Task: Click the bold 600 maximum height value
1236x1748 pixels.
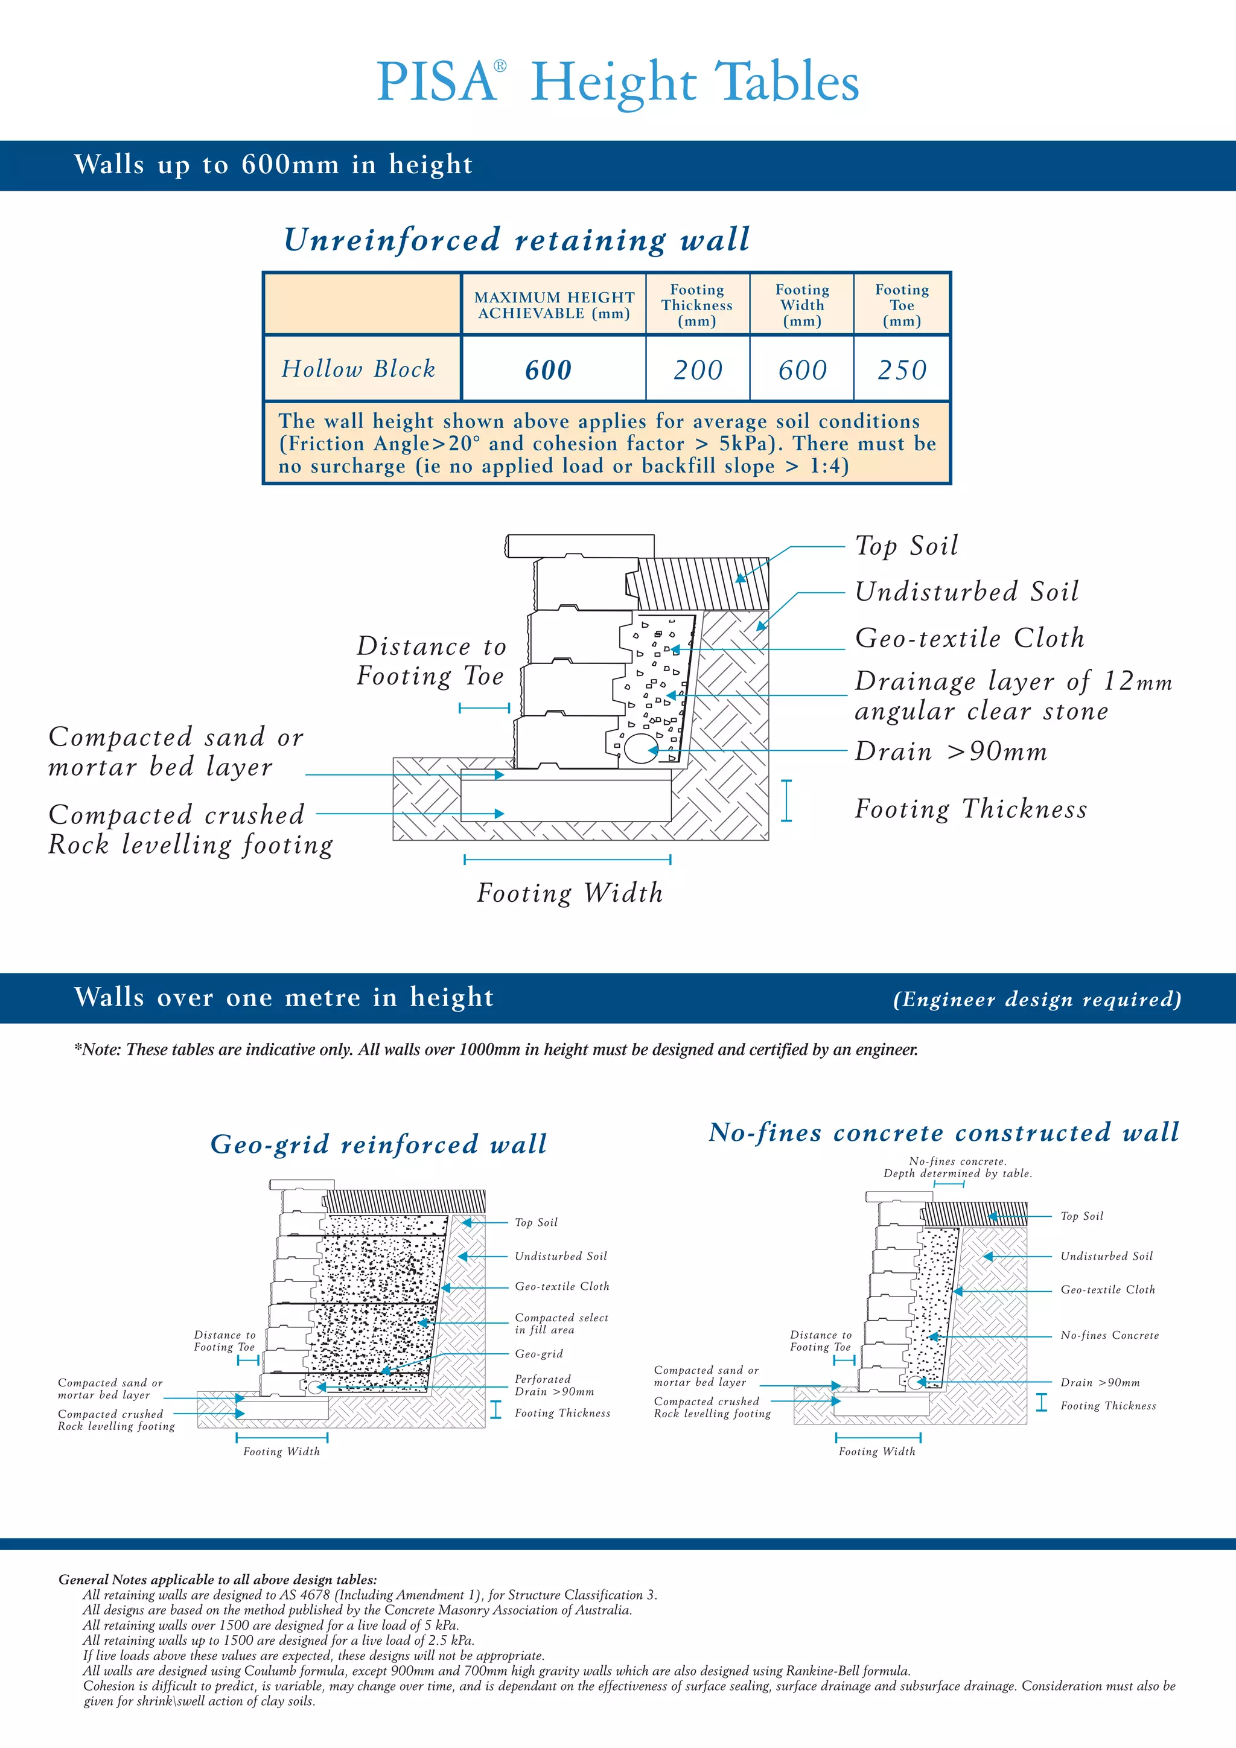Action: (548, 370)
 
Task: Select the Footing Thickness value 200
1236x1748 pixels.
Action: (698, 370)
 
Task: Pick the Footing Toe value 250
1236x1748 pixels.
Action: (902, 370)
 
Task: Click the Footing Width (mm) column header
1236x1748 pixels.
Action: (802, 305)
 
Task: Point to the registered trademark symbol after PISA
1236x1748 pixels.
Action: (500, 66)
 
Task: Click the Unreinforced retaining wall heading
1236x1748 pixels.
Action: (517, 240)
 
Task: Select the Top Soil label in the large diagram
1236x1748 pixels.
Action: (906, 546)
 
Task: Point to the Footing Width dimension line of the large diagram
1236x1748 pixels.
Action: (567, 860)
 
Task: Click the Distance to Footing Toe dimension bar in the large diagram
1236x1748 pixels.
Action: (485, 708)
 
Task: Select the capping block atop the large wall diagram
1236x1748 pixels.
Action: (580, 545)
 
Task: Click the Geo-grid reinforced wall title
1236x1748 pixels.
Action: (378, 1144)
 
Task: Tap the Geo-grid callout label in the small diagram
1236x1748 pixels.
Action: (539, 1354)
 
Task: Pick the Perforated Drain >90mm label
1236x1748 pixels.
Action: (554, 1385)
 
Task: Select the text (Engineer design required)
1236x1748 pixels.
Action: (1037, 999)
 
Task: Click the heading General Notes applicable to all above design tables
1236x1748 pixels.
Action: (218, 1579)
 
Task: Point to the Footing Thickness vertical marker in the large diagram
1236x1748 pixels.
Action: (786, 800)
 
